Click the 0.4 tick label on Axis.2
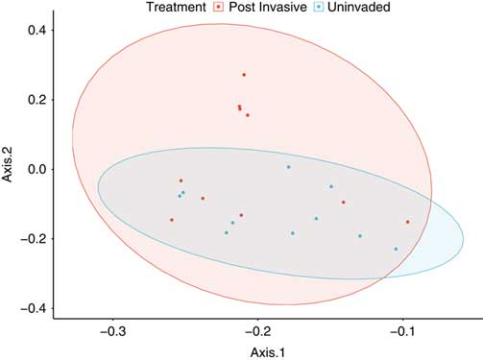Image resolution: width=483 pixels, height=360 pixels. click(36, 30)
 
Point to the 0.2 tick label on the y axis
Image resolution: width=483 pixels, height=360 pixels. click(36, 100)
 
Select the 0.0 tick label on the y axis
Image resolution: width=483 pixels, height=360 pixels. click(36, 169)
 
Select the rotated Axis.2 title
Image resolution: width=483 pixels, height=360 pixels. click(9, 169)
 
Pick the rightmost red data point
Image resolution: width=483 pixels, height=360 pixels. click(407, 222)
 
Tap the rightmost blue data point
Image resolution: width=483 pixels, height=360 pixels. click(396, 250)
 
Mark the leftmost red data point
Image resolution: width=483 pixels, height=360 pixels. click(172, 220)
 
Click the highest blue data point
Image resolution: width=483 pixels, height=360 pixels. click(288, 167)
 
